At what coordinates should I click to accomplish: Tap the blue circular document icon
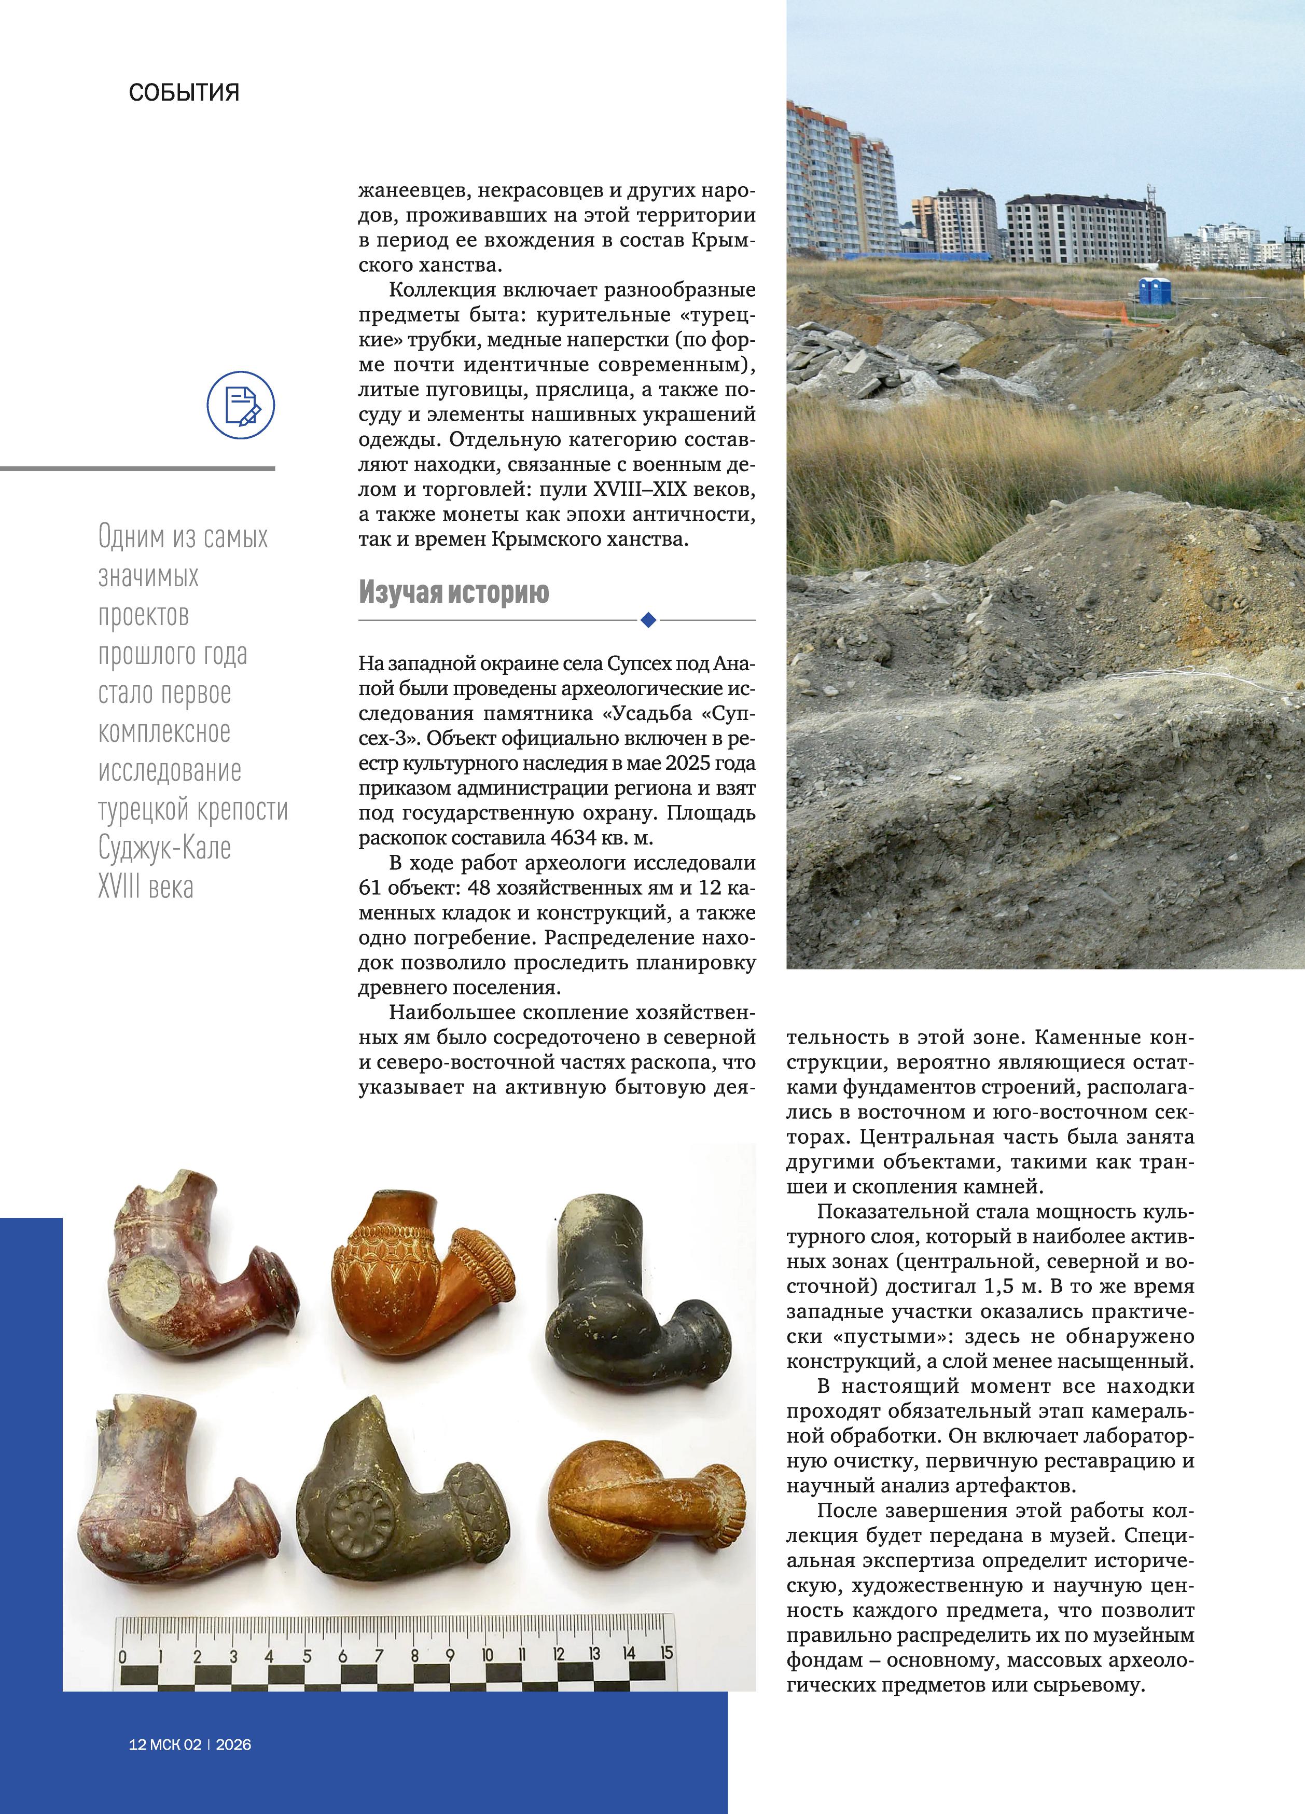[241, 405]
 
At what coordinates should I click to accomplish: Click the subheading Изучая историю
[453, 593]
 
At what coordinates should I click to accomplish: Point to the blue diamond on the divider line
[648, 620]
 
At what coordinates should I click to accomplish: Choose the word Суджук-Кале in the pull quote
[165, 848]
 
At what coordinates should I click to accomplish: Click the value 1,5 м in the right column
[1012, 1286]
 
